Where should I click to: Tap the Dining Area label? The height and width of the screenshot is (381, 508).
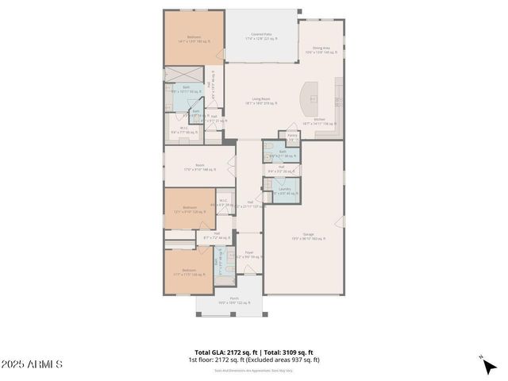[321, 49]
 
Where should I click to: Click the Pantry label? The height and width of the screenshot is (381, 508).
[292, 137]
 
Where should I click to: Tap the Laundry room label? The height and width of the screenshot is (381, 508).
[283, 190]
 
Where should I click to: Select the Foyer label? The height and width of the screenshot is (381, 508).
[248, 255]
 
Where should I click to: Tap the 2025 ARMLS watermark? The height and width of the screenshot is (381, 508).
[32, 364]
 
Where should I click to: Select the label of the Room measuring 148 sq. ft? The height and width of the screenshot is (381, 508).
[189, 167]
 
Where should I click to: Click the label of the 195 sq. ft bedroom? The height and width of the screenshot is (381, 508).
[194, 38]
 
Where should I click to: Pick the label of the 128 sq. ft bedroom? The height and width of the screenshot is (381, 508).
[189, 210]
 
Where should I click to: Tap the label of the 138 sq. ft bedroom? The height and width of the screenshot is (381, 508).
[189, 272]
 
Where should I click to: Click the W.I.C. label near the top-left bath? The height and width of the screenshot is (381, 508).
[183, 129]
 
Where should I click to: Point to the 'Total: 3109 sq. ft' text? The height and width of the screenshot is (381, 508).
[288, 352]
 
